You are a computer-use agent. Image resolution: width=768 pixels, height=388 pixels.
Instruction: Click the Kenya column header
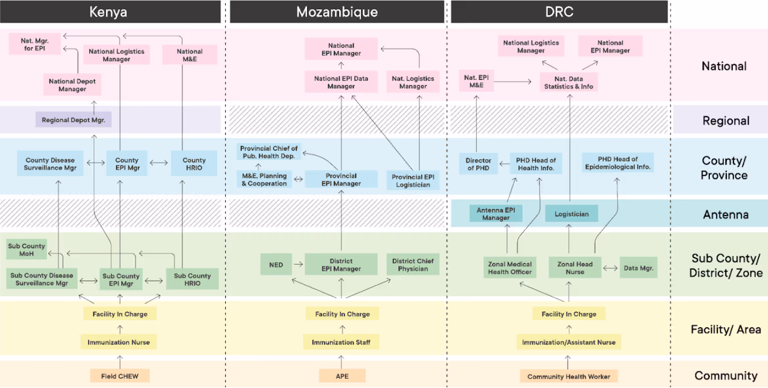[108, 12]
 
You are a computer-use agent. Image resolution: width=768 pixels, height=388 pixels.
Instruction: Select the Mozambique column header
[337, 12]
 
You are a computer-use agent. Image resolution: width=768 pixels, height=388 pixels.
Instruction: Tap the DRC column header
[559, 12]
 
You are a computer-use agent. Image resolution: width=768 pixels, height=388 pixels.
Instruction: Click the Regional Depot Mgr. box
[73, 120]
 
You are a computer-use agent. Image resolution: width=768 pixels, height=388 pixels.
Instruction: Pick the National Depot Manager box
[72, 85]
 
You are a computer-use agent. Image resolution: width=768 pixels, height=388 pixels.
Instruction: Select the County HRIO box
[194, 164]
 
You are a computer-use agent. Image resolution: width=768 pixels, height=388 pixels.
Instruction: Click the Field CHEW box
[120, 375]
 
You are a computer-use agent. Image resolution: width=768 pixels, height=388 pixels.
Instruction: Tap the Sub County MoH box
[27, 250]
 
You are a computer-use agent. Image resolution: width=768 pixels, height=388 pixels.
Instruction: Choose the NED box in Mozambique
[275, 265]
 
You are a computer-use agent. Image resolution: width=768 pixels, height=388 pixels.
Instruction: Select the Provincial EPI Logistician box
[413, 181]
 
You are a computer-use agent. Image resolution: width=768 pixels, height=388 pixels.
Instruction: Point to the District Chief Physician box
[412, 265]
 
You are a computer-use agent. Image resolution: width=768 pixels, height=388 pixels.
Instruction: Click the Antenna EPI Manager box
[496, 214]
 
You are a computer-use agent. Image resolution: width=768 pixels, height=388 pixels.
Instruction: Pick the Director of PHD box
[478, 164]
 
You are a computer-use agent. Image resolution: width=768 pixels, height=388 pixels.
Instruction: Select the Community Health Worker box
[569, 376]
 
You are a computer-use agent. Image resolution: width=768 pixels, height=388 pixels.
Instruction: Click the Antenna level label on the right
[725, 215]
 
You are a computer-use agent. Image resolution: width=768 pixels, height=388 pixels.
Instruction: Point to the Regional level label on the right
[726, 121]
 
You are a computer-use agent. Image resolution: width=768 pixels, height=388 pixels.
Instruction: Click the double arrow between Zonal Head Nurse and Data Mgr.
[610, 268]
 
